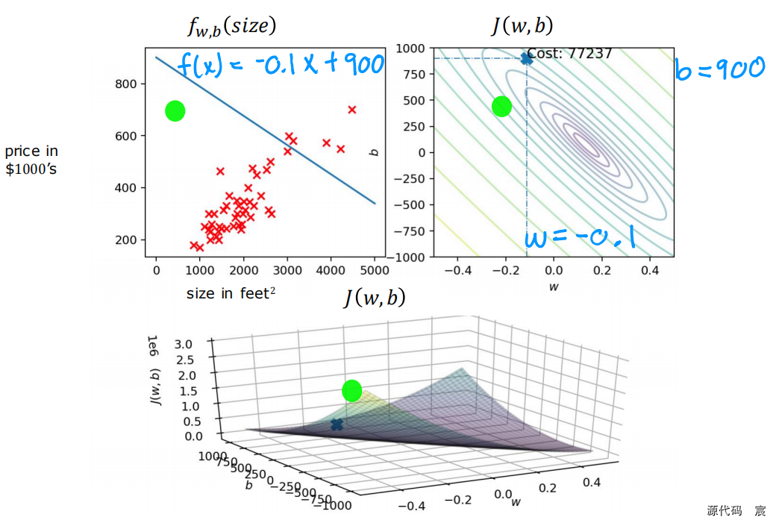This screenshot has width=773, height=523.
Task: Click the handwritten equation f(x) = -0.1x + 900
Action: (281, 65)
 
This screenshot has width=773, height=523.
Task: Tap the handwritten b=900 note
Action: (719, 69)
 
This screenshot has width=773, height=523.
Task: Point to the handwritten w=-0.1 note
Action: (580, 238)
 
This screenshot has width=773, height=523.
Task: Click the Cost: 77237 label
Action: (569, 54)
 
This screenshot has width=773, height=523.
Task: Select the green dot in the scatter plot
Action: (175, 111)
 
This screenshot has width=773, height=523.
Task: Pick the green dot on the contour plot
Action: (502, 107)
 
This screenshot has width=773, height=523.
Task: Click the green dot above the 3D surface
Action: (351, 390)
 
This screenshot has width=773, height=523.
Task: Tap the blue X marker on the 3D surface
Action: (337, 425)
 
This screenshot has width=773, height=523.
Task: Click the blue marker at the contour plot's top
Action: (527, 58)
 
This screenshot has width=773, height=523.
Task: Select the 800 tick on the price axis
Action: (125, 84)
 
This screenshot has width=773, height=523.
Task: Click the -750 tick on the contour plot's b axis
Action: (413, 231)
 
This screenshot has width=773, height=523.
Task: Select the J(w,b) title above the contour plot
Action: (522, 27)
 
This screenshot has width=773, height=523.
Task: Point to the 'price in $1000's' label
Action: (31, 160)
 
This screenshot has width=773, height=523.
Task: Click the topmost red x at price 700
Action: (352, 110)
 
